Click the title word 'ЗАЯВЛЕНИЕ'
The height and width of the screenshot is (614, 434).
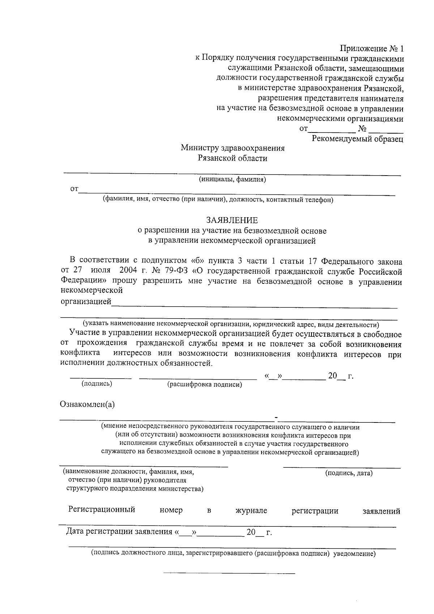(232, 220)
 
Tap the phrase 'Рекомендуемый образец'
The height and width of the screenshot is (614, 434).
(357, 139)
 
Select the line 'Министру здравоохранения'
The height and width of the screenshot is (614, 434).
(233, 148)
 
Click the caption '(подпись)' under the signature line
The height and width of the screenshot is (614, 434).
(97, 384)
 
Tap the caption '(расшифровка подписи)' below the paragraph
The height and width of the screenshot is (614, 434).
(204, 385)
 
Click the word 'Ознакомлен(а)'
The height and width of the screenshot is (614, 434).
(87, 404)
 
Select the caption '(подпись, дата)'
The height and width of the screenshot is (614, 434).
(349, 473)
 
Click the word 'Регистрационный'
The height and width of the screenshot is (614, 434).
(102, 510)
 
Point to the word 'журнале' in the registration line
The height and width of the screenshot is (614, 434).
(251, 510)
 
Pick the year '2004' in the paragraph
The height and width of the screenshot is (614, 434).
(128, 271)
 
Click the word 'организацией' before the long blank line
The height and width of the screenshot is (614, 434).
(86, 302)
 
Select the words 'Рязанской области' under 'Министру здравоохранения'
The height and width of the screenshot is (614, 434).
(232, 158)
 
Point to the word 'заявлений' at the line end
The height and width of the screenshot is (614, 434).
(381, 511)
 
